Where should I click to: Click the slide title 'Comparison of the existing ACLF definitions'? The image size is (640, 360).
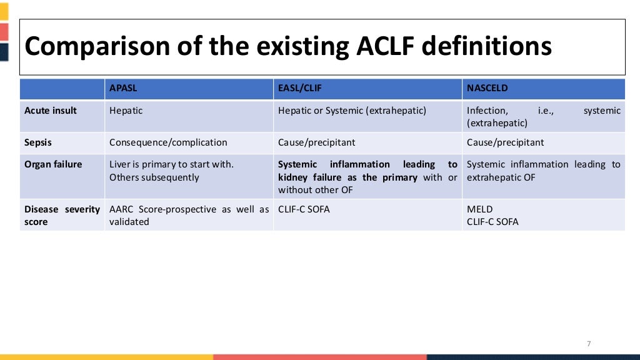click(288, 47)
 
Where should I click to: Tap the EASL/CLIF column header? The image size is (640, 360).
click(299, 89)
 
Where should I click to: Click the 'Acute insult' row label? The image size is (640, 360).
click(51, 111)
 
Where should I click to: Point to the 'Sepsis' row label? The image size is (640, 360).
click(38, 142)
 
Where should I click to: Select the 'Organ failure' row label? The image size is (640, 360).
click(53, 164)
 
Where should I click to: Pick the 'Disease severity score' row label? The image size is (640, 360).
click(62, 216)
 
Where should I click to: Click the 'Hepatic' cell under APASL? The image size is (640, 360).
click(126, 111)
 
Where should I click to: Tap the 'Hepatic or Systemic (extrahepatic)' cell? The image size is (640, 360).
click(352, 111)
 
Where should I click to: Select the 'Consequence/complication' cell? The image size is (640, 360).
click(168, 142)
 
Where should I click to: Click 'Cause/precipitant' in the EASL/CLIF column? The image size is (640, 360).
click(316, 142)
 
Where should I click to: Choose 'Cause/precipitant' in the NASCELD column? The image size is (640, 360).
click(505, 142)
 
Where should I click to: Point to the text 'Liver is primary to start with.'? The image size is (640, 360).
click(171, 164)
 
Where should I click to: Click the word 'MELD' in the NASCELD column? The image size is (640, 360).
click(479, 209)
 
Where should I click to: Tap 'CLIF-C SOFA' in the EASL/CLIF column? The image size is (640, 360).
click(304, 209)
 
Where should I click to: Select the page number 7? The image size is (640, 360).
click(589, 344)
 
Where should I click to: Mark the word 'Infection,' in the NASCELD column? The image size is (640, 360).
click(487, 111)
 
